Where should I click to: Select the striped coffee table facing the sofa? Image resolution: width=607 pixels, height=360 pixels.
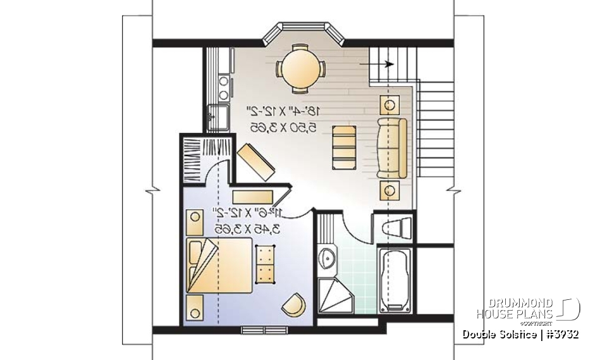(344, 147)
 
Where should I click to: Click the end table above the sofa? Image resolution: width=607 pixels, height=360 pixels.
(390, 103)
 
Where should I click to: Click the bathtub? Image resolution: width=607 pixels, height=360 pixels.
(395, 280)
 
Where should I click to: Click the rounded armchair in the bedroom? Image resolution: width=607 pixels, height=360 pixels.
(293, 305)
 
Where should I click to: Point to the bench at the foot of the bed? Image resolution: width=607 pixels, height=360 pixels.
(264, 264)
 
